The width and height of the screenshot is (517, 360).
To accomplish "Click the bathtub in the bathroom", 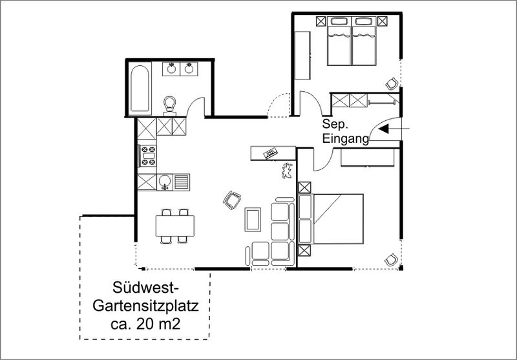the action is click(140, 89).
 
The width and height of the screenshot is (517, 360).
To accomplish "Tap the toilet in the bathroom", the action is click(170, 105).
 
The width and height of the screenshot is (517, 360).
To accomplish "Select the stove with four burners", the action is click(148, 156).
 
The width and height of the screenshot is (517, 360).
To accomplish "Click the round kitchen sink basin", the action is click(164, 181).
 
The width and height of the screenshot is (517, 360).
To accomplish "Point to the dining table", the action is click(174, 226).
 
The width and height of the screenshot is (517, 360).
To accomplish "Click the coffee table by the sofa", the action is click(253, 219).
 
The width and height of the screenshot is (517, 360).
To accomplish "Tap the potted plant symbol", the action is click(286, 171).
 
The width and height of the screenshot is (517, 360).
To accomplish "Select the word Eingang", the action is click(345, 138).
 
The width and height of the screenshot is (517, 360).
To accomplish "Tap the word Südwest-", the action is click(145, 288).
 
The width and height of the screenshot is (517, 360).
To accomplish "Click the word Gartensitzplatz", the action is click(145, 306).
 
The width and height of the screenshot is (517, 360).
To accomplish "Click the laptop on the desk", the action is click(271, 153).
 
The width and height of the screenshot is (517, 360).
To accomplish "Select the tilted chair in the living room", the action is click(232, 200).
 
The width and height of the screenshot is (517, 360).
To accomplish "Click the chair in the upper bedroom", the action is click(392, 84).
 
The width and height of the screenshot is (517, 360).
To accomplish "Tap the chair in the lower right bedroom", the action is click(392, 260).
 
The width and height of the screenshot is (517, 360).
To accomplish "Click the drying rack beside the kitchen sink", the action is click(181, 182).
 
